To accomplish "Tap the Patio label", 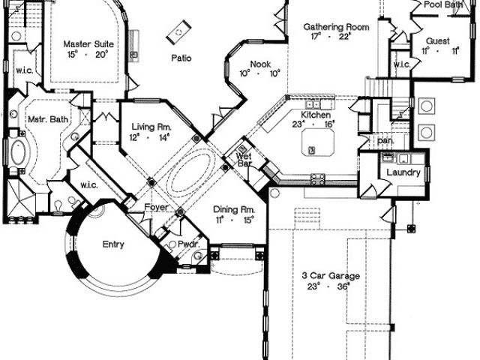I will pyautogui.click(x=180, y=58).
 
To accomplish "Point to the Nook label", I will pyautogui.click(x=260, y=64).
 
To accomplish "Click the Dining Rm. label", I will pyautogui.click(x=235, y=209).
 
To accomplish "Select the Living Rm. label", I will pyautogui.click(x=150, y=127).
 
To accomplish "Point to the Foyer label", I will pyautogui.click(x=156, y=208).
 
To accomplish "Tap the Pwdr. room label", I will pyautogui.click(x=187, y=244).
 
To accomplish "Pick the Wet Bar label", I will pyautogui.click(x=244, y=160).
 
